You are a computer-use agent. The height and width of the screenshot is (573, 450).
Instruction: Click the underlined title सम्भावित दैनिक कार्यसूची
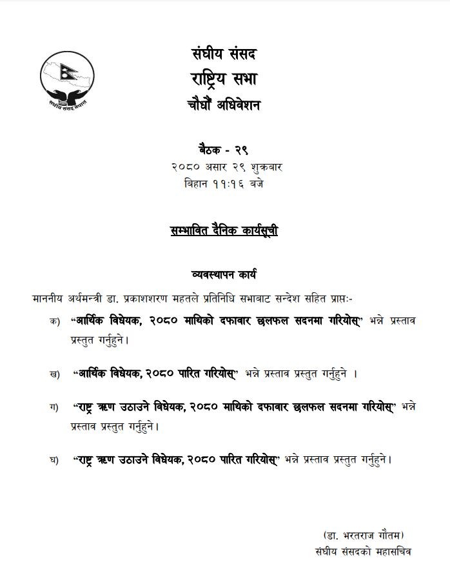click(223, 231)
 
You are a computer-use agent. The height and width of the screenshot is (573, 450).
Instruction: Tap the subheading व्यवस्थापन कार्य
click(223, 274)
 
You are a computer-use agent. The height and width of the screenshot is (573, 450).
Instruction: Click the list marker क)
click(54, 321)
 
